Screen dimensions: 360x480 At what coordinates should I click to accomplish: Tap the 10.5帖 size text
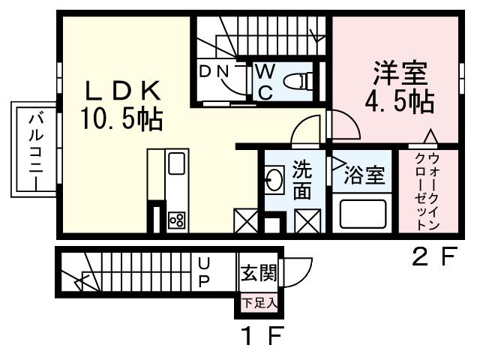tap(120, 118)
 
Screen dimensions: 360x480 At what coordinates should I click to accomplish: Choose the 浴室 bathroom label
tap(364, 176)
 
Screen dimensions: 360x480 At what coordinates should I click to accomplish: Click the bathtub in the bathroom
tap(363, 213)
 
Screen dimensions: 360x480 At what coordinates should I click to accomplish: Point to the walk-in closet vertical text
tap(427, 192)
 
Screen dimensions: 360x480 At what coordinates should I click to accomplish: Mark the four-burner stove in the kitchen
tap(178, 220)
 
